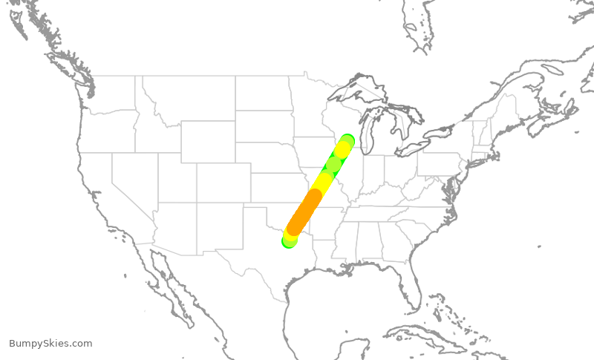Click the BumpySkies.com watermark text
(x=50, y=344)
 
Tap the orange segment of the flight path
(x=304, y=211)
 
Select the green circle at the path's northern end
(x=347, y=141)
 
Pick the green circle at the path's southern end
(x=289, y=240)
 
